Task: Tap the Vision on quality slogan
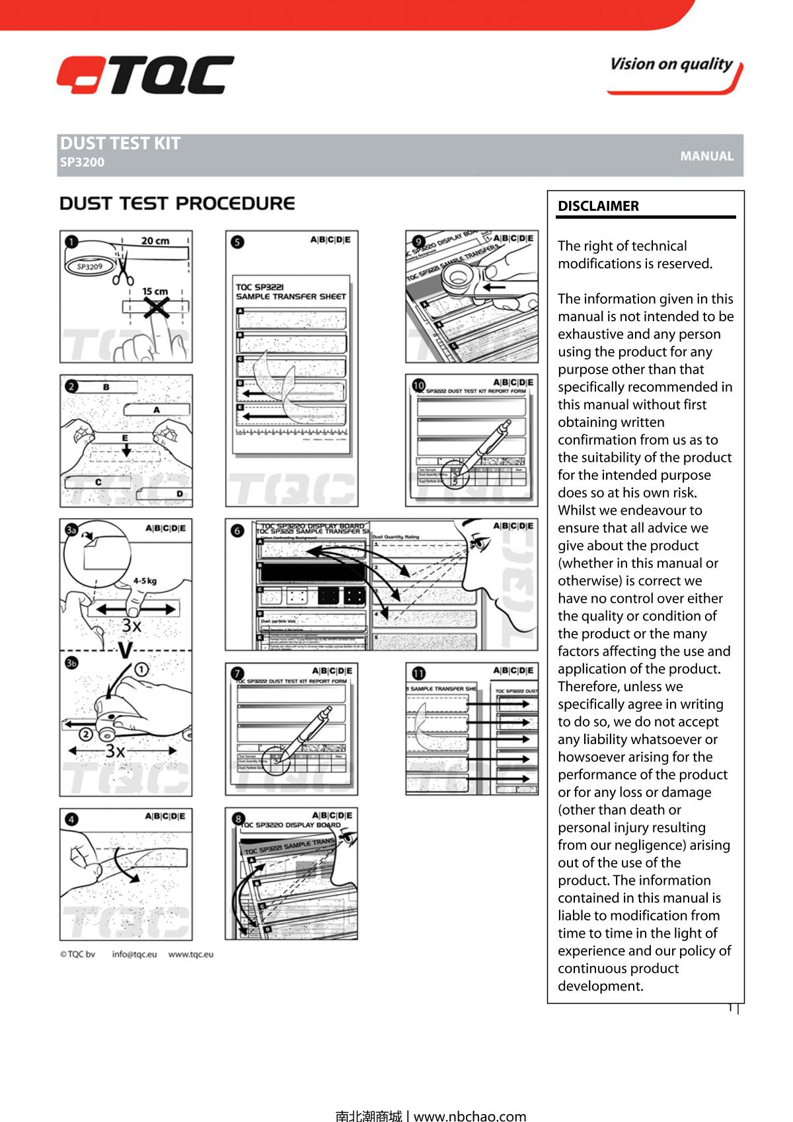[x=671, y=65]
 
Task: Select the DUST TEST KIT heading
[x=120, y=143]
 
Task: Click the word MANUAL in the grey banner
[x=706, y=157]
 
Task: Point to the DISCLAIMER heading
[x=598, y=206]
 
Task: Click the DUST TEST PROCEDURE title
[x=177, y=204]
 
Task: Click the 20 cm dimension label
[x=155, y=241]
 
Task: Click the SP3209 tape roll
[x=89, y=267]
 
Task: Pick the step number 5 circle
[x=237, y=242]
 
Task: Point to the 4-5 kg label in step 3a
[x=145, y=581]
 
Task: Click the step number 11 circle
[x=418, y=673]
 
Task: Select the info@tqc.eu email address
[x=134, y=954]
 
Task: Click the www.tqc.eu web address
[x=190, y=954]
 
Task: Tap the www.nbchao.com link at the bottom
[x=470, y=1116]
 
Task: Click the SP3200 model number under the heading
[x=82, y=163]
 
